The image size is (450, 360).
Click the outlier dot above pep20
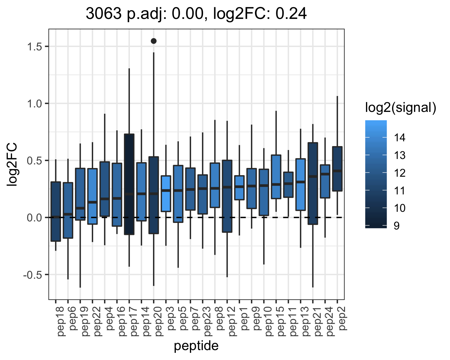click(x=154, y=41)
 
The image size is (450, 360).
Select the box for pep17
click(x=129, y=184)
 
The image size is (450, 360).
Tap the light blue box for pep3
click(x=166, y=194)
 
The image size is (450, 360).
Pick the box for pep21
click(x=313, y=184)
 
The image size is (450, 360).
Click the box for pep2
click(x=337, y=169)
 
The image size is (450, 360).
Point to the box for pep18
click(x=55, y=211)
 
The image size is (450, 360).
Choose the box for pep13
click(x=301, y=184)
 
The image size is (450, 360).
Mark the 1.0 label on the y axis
click(x=35, y=103)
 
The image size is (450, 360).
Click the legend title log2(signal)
click(x=401, y=108)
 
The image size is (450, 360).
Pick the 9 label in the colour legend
click(x=397, y=226)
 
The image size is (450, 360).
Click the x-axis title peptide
click(x=196, y=346)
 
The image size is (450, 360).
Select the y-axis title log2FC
click(x=12, y=164)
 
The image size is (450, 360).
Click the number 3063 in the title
click(x=104, y=14)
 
